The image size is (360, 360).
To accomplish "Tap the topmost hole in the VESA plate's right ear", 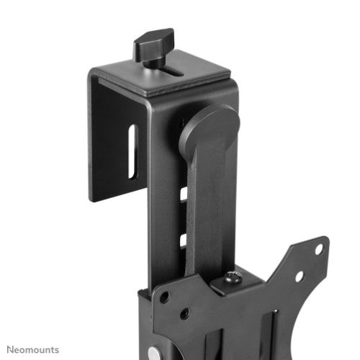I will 318,249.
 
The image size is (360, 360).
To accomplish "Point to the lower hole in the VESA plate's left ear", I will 184,314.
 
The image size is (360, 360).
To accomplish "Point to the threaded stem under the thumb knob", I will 154,62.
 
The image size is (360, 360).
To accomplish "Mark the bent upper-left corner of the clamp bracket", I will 94,73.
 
